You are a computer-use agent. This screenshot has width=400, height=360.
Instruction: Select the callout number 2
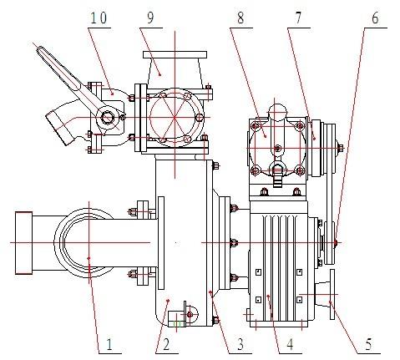[167, 343]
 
